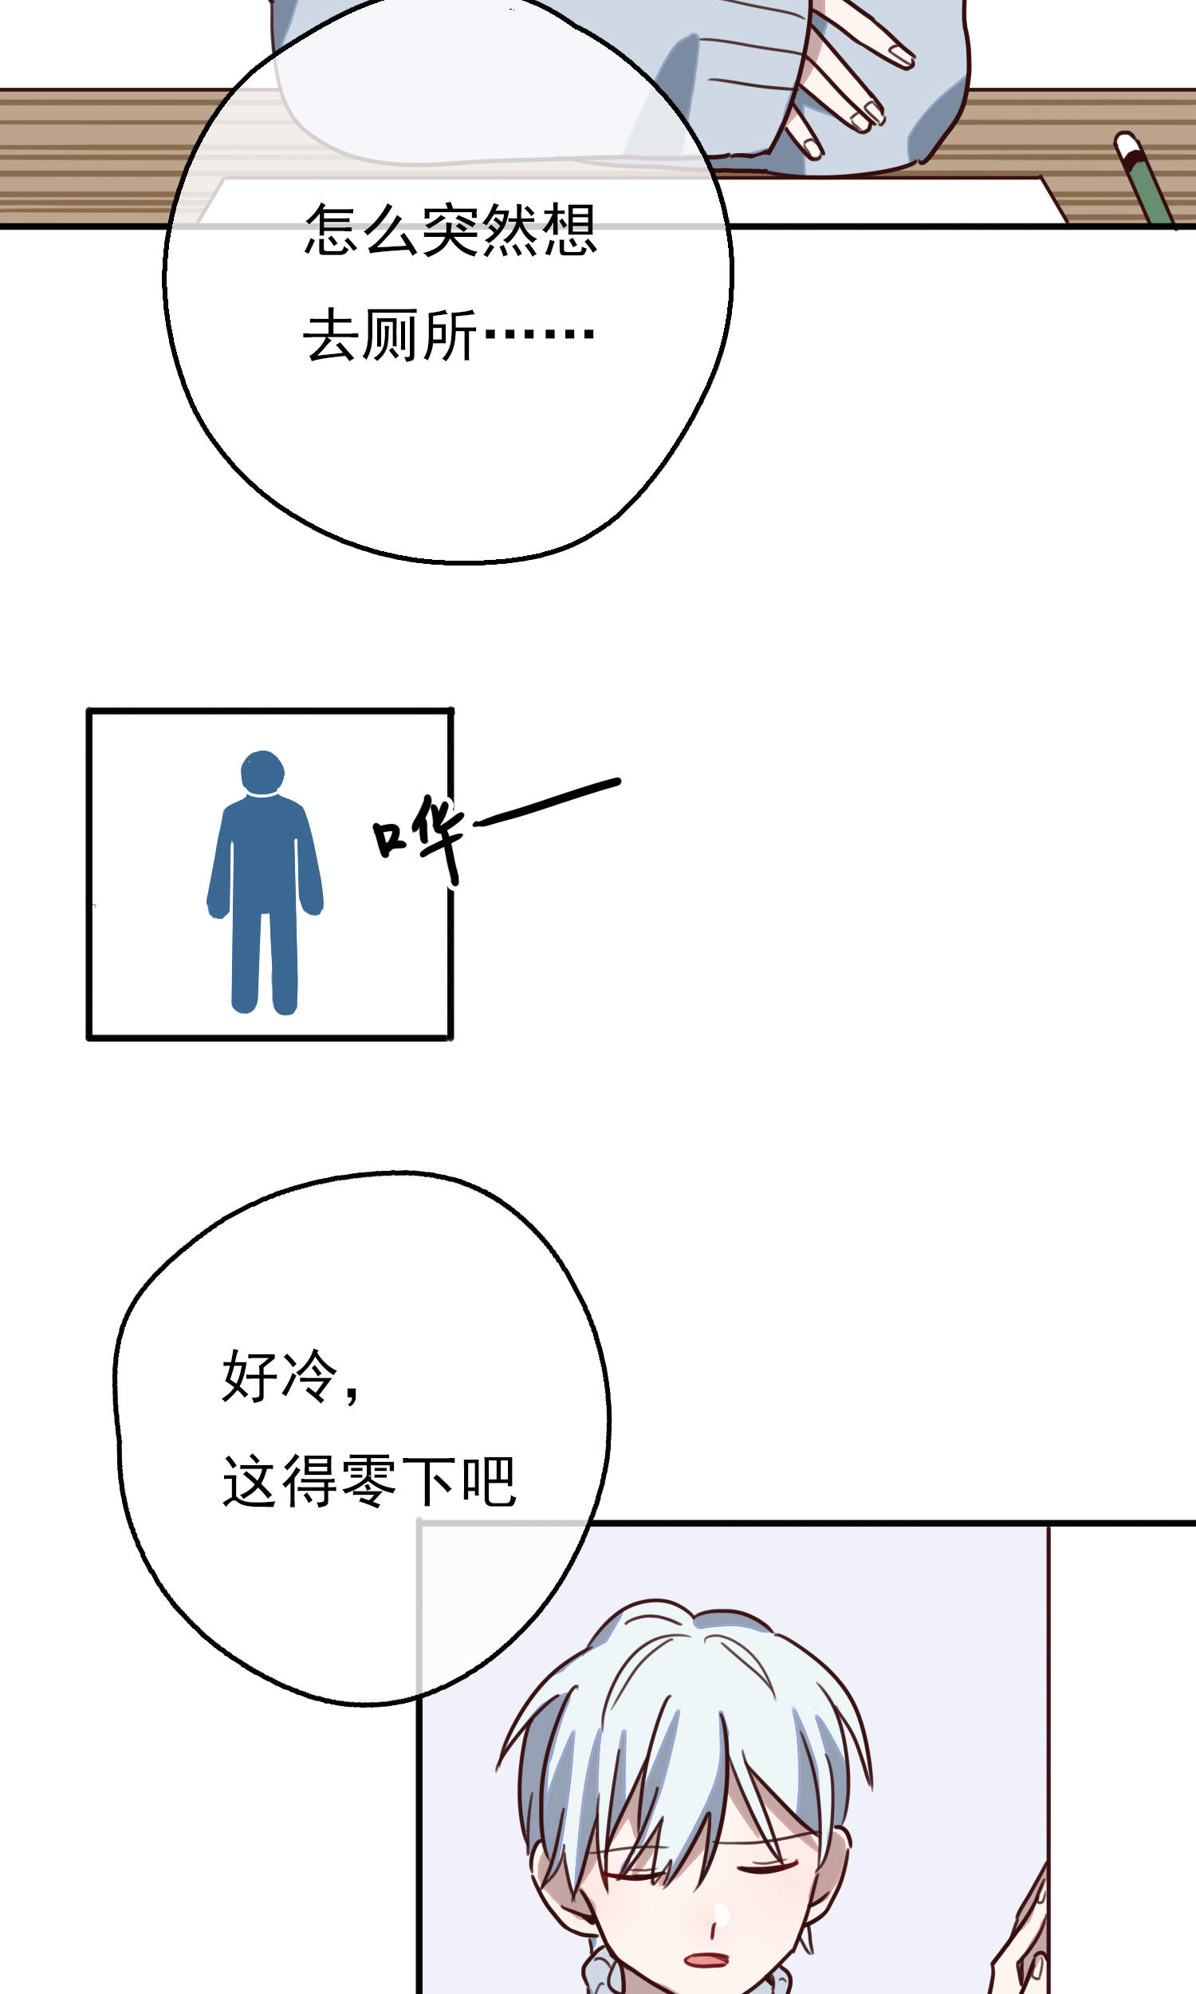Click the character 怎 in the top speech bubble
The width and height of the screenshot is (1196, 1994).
click(331, 230)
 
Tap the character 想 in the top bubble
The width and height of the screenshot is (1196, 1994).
click(569, 230)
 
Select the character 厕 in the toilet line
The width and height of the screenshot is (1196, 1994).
click(391, 334)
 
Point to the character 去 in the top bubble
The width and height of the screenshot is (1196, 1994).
click(330, 334)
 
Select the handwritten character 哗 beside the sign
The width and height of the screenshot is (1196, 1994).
click(419, 838)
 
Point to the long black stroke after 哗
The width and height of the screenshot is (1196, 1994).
click(547, 802)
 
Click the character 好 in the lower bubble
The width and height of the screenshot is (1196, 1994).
click(250, 1376)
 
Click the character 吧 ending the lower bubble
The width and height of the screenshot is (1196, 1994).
click(489, 1480)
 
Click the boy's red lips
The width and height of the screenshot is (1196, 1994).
click(706, 1960)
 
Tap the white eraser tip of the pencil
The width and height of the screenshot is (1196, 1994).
click(1127, 145)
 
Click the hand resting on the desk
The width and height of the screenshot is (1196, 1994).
click(846, 81)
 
